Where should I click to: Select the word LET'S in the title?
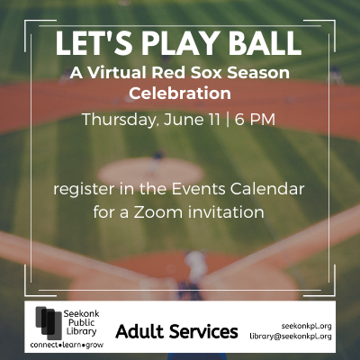[94, 43]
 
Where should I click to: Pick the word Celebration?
[180, 94]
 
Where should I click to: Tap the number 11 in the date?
[213, 120]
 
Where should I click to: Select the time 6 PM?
[255, 120]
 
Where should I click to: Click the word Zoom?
[158, 212]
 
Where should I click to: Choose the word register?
[85, 190]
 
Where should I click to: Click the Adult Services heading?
[176, 331]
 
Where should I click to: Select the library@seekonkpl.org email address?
[291, 337]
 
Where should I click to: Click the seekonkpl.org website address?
[306, 326]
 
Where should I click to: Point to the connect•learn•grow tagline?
[67, 345]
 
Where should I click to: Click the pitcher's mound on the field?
[151, 174]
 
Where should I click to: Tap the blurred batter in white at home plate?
[196, 267]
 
